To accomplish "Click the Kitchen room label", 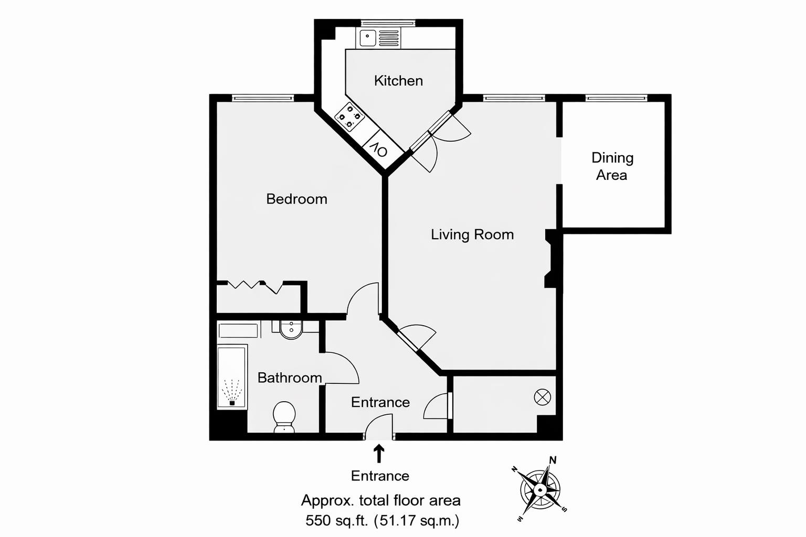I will click(x=398, y=81).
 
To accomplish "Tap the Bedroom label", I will click(x=296, y=199).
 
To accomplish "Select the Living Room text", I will click(x=472, y=234).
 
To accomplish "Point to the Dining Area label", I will click(x=612, y=166).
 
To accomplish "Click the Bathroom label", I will click(x=290, y=378).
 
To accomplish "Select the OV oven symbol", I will click(x=378, y=149).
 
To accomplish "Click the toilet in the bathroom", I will click(x=284, y=416).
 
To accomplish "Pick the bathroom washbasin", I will click(x=291, y=329).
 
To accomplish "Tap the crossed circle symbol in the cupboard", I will click(x=542, y=398).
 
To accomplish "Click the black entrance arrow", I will click(x=379, y=454).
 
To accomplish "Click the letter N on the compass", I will click(x=553, y=460).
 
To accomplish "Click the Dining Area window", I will click(x=616, y=98).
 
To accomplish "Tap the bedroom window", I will click(x=263, y=98).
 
